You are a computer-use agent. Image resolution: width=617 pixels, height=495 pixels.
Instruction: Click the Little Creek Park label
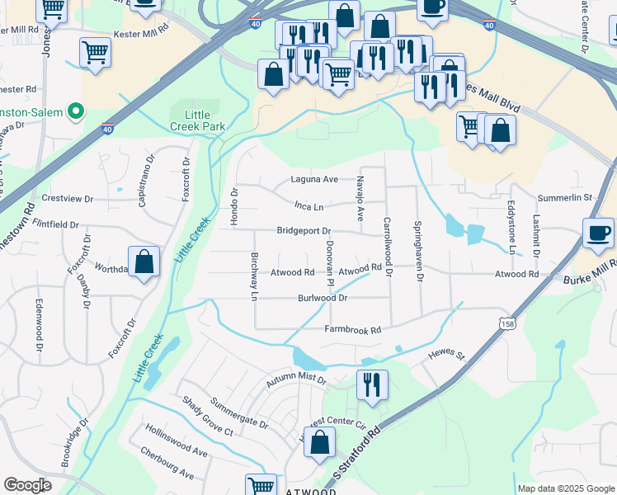point(191,120)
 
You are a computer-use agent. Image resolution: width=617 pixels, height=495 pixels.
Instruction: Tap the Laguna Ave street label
point(314,179)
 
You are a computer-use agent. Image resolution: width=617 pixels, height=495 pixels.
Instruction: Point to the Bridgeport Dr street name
point(304,231)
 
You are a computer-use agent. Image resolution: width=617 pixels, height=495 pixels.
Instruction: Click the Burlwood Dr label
point(323,297)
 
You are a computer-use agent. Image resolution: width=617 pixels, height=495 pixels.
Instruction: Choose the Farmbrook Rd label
point(352,330)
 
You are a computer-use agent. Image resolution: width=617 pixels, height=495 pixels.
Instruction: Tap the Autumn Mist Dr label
point(296,382)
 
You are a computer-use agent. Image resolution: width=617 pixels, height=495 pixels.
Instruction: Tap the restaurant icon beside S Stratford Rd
point(372,384)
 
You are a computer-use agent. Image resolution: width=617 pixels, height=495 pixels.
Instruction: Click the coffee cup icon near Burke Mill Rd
point(598,233)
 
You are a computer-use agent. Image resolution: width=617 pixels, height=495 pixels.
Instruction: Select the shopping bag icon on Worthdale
point(144,262)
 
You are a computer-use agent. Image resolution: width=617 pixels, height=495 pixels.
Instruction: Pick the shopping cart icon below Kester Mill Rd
point(96,52)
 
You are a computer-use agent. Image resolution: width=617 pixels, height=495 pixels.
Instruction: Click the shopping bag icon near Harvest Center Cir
point(319,443)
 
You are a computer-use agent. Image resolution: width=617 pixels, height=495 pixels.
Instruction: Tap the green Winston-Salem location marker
point(77,111)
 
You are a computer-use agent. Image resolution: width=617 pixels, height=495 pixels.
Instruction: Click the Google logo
point(28,486)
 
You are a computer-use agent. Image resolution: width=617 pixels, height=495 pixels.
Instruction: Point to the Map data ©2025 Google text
point(566,488)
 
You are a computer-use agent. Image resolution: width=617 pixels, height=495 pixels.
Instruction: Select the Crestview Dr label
point(68,198)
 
